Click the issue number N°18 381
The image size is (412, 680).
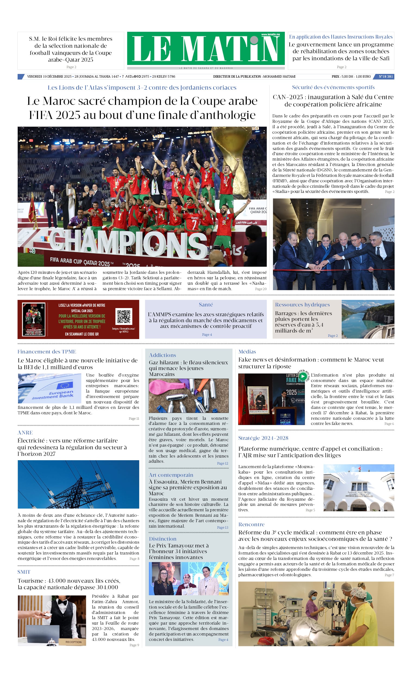tap(385, 76)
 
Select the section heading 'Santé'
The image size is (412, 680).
tap(206, 305)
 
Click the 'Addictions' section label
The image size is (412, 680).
tap(162, 355)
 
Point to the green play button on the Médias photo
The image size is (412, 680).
tap(303, 376)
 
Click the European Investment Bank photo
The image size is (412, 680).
tap(49, 388)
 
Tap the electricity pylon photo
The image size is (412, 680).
tap(78, 484)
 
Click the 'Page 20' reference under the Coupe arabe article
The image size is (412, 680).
tap(261, 289)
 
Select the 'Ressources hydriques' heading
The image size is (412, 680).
tap(302, 305)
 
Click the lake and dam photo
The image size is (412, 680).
tap(367, 319)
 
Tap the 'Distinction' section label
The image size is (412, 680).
tap(162, 539)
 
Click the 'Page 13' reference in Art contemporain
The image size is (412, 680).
tap(222, 527)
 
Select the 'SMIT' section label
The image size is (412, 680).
tap(24, 572)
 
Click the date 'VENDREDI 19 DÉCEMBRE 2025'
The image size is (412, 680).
tap(49, 76)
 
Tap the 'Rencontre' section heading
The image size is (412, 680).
tap(251, 524)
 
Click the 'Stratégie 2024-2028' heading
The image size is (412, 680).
tap(263, 438)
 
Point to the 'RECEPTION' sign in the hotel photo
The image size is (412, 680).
tap(73, 642)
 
